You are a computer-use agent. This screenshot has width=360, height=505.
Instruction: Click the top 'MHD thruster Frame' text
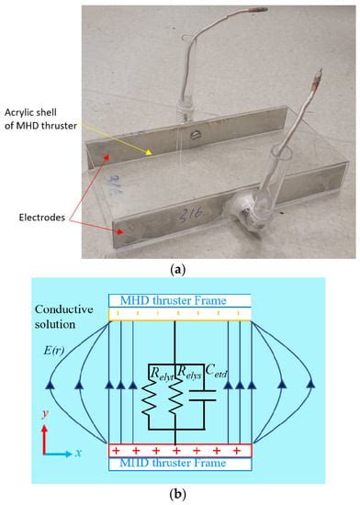pyautogui.click(x=179, y=299)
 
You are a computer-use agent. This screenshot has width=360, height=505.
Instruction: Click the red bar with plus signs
pyautogui.click(x=179, y=452)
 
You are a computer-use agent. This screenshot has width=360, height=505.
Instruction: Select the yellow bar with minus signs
pyautogui.click(x=179, y=314)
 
